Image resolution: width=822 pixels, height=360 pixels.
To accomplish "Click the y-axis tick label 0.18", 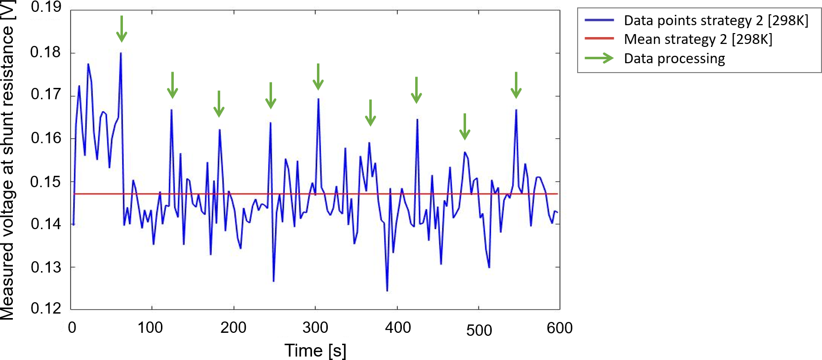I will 46,52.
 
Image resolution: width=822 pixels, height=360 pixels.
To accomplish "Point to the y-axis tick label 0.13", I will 46,267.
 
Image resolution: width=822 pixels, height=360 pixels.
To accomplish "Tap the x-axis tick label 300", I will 315,327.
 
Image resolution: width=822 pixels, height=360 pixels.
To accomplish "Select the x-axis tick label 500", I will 478,330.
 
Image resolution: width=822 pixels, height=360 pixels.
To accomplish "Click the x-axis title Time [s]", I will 315,351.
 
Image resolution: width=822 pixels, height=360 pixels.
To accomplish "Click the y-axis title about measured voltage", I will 8,160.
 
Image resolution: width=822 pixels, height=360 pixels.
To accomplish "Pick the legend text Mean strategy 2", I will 698,39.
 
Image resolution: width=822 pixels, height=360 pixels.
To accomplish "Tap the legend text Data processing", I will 674,58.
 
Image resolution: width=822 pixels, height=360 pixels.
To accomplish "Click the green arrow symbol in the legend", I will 599,58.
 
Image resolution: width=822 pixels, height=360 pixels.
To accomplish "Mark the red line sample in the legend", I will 599,39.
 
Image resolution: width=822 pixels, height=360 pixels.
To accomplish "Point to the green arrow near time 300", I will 318,77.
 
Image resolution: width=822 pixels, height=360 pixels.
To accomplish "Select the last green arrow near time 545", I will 516,85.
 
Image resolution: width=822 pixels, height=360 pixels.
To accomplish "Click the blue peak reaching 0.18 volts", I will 120,53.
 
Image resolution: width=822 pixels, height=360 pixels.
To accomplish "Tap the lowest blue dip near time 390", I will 387,290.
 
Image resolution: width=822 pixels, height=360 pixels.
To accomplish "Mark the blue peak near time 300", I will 318,99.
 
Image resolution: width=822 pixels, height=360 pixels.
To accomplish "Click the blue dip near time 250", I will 274,280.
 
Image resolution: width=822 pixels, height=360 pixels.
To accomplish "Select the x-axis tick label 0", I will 72,327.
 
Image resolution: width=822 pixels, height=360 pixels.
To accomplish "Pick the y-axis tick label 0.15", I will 46,182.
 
